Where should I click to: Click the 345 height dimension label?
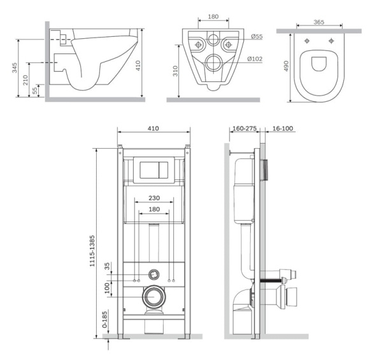point(15,67)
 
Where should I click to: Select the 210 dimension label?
point(25,80)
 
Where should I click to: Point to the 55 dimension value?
point(35,90)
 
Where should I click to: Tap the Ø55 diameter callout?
point(257,36)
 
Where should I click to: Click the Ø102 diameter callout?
point(255,59)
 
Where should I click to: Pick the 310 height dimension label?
point(176,71)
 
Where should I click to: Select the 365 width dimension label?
point(319,22)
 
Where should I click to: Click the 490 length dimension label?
point(286,66)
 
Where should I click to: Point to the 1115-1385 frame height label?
point(92,251)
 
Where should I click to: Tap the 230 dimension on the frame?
point(154,198)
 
